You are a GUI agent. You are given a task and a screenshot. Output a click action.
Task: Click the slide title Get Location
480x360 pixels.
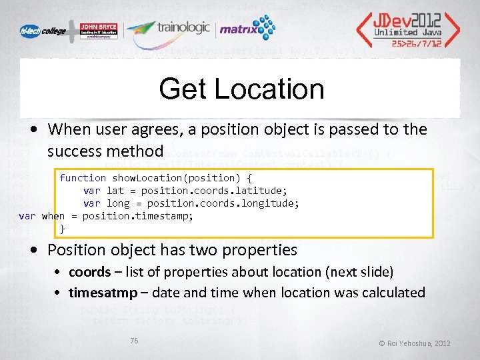(241, 89)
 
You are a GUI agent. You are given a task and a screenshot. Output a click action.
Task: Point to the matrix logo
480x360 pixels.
(247, 29)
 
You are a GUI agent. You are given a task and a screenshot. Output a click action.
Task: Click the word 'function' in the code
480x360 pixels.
(83, 178)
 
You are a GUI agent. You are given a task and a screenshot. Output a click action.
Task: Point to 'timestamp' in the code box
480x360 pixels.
(165, 216)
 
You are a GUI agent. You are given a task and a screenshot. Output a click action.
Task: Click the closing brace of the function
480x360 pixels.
(63, 229)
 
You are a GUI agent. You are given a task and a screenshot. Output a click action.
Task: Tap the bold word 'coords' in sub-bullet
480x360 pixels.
(89, 272)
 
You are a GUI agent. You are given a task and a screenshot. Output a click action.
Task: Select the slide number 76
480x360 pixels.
(134, 341)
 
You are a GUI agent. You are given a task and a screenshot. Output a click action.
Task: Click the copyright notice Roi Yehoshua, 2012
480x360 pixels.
(414, 343)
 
